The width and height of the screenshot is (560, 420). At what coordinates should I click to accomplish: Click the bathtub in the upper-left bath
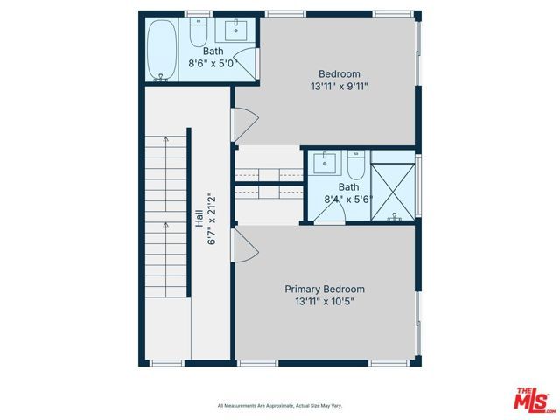(159, 51)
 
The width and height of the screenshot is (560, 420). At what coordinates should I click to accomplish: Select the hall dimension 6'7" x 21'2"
(212, 219)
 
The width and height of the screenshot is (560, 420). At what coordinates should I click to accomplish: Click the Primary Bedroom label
(325, 289)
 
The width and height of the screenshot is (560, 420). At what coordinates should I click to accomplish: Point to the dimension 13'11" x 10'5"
(325, 302)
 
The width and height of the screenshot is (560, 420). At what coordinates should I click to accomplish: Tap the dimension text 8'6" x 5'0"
(213, 63)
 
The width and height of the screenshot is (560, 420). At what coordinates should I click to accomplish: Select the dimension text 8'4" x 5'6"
(348, 199)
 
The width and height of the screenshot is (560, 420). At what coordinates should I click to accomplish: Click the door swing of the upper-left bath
(248, 65)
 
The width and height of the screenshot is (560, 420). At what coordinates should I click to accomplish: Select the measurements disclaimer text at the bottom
(279, 406)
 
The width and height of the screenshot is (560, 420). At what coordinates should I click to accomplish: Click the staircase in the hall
(166, 245)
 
